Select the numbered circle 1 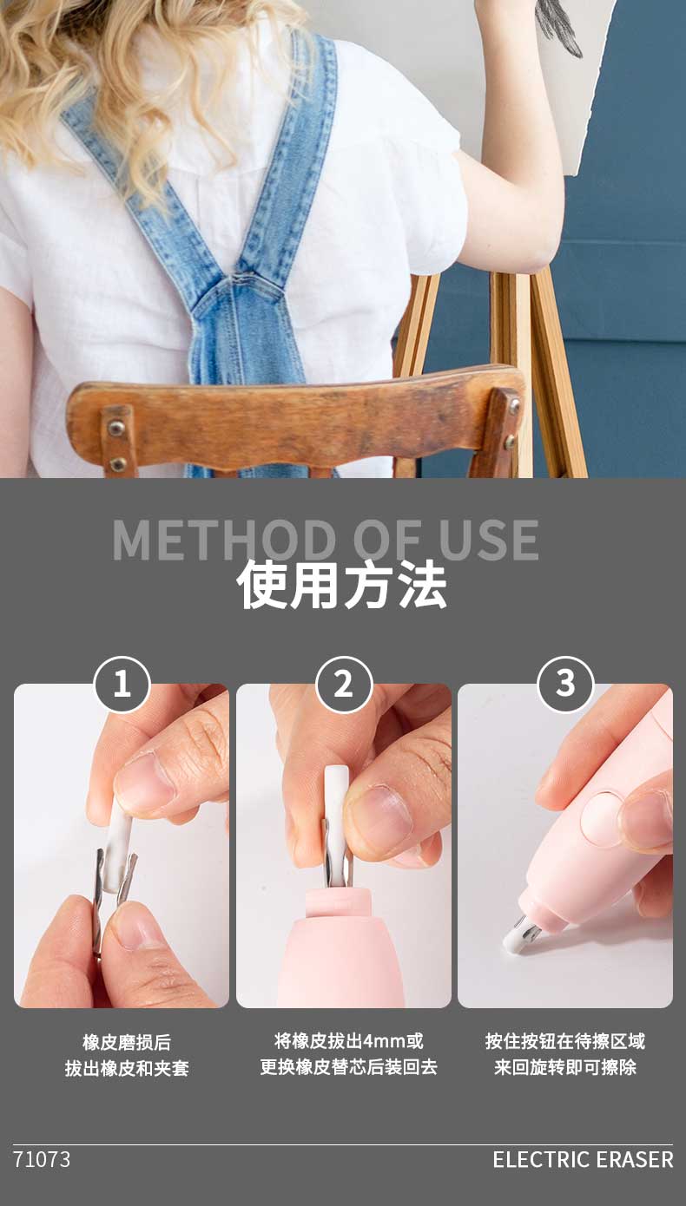click(122, 685)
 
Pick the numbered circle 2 click(344, 685)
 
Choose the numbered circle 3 click(565, 685)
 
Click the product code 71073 click(42, 1159)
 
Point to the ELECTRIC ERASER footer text click(583, 1159)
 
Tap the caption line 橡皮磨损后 click(127, 1042)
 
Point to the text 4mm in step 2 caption click(384, 1041)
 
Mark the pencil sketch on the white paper click(557, 24)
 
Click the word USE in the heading click(489, 540)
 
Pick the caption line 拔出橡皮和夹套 click(127, 1068)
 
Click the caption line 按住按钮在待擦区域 click(565, 1041)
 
